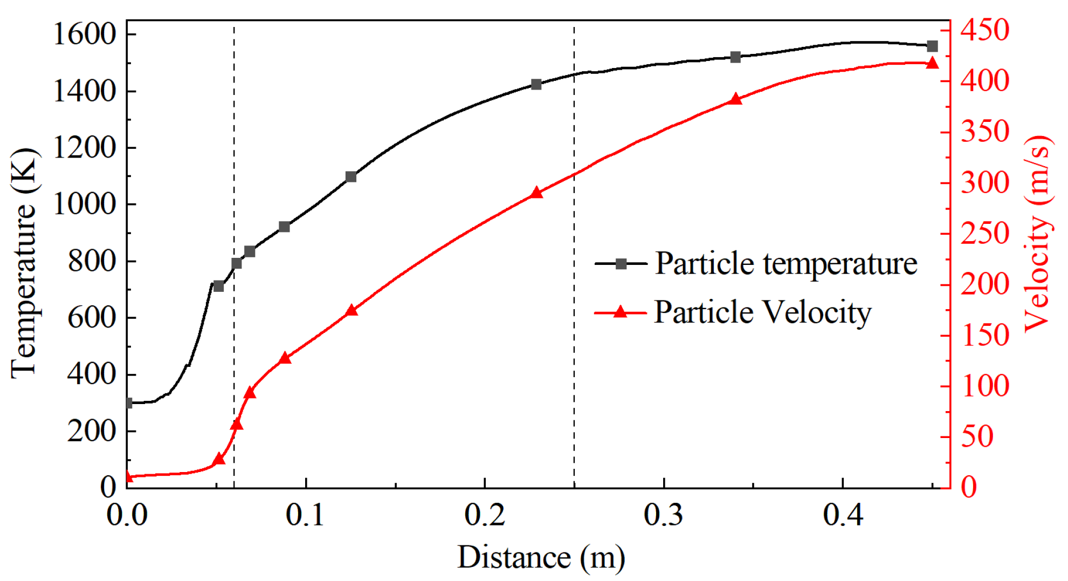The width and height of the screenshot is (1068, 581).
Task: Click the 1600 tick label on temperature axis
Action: (85, 35)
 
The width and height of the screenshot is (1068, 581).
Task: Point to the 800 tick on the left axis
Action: (92, 261)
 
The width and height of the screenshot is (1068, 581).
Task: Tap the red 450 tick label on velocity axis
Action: (985, 30)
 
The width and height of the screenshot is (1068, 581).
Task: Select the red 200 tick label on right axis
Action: (985, 284)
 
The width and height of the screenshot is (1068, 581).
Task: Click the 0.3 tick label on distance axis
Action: (663, 515)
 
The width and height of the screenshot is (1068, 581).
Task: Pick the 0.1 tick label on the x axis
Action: (305, 515)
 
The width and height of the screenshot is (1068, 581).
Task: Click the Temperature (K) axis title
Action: (24, 263)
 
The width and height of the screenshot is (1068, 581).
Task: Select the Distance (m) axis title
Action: (541, 557)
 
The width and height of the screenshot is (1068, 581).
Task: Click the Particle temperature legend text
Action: (786, 264)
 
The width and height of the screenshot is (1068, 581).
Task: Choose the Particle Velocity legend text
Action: (762, 312)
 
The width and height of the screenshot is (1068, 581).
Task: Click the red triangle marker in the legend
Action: (621, 312)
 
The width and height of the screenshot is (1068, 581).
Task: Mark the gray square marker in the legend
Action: (621, 264)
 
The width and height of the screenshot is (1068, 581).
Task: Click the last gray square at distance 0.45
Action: (932, 46)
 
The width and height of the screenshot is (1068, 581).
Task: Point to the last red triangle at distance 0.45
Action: (932, 64)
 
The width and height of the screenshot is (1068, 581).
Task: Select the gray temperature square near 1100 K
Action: (351, 177)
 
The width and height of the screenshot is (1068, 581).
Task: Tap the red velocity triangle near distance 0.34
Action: (736, 99)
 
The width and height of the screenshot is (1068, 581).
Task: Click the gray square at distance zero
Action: (128, 403)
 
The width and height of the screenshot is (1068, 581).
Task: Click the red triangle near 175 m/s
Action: (352, 310)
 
